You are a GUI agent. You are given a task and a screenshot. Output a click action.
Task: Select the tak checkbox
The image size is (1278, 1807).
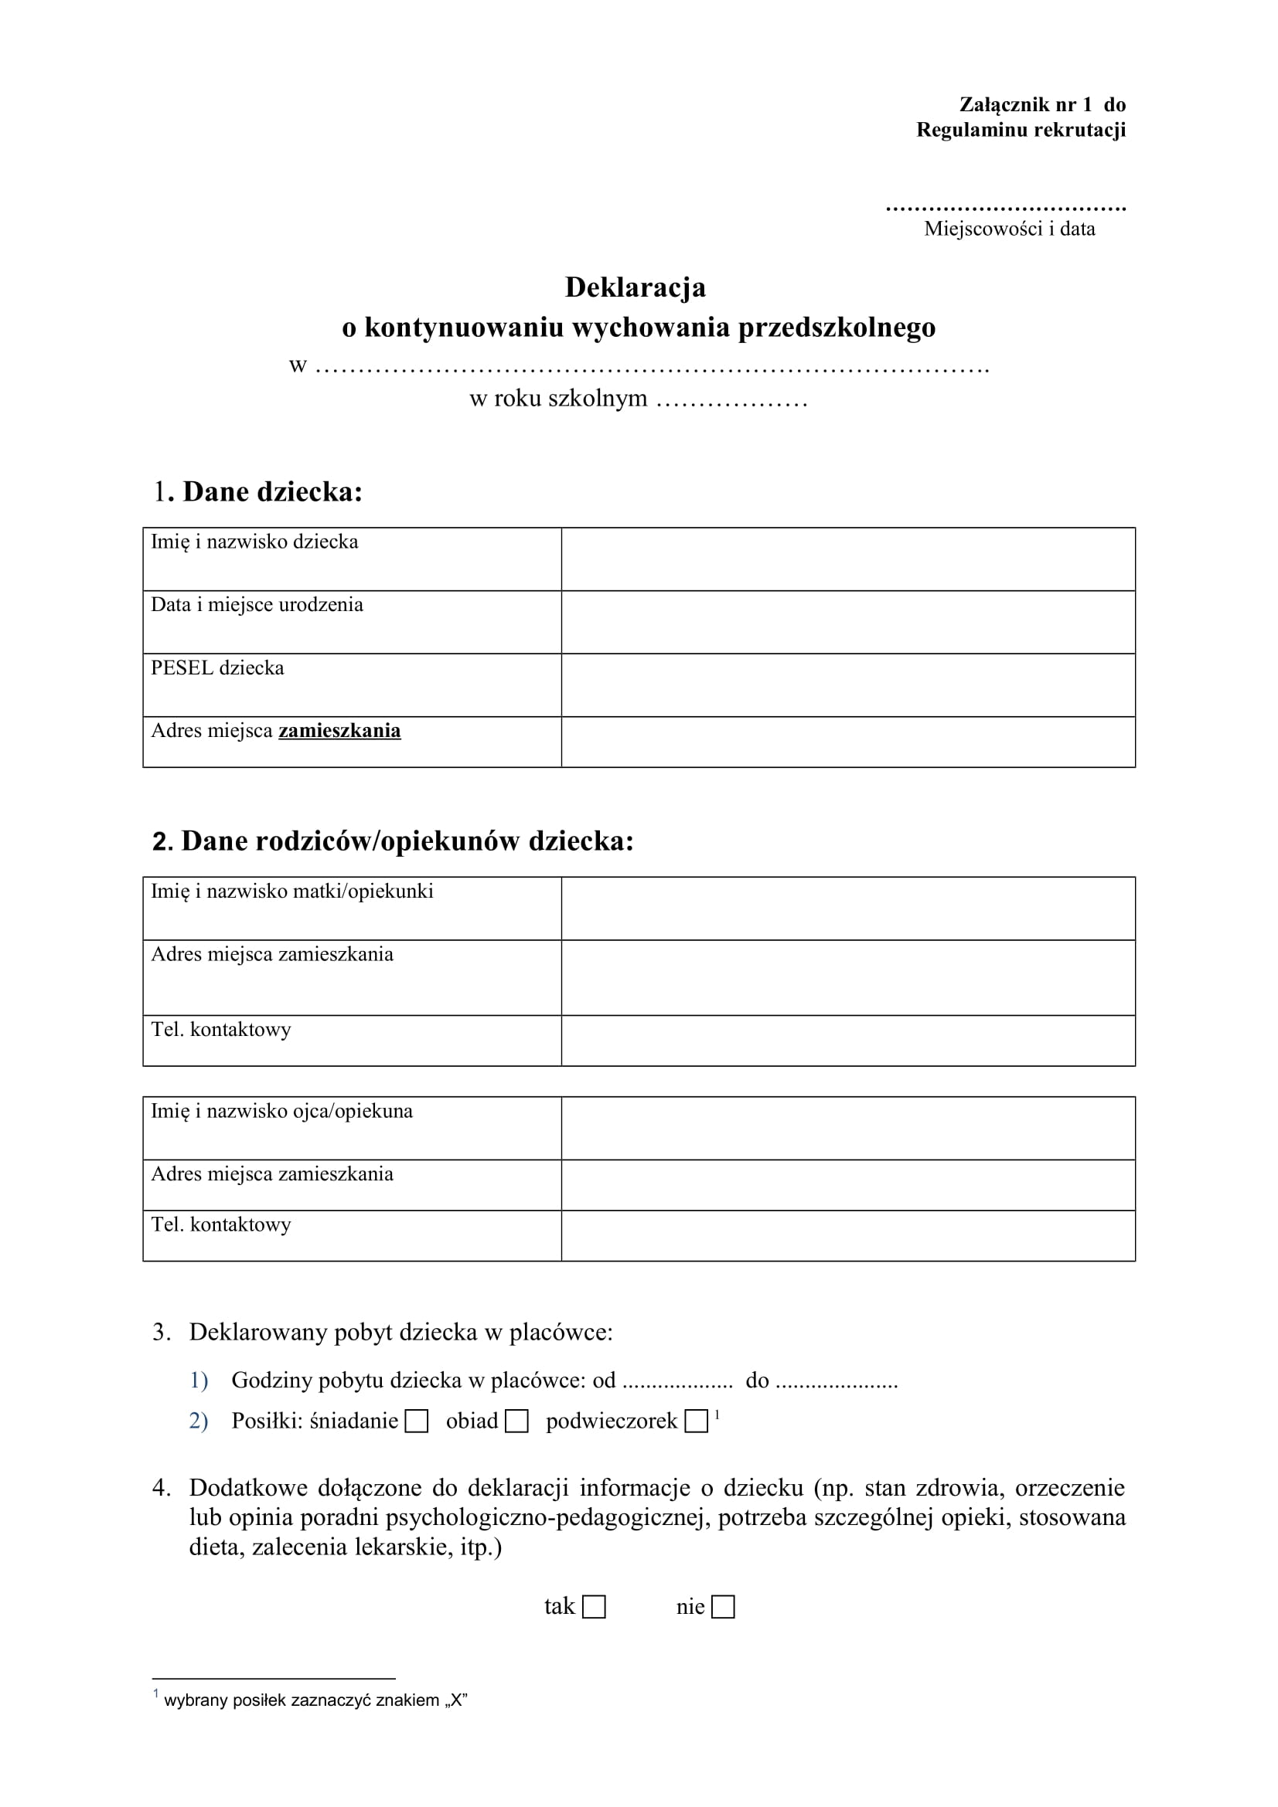pyautogui.click(x=594, y=1607)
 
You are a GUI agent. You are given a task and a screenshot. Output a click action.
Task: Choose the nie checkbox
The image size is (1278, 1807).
pyautogui.click(x=723, y=1607)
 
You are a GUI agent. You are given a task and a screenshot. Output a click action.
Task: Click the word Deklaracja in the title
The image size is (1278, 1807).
pyautogui.click(x=636, y=287)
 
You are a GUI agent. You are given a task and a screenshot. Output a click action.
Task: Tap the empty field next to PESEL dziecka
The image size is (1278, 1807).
pyautogui.click(x=848, y=684)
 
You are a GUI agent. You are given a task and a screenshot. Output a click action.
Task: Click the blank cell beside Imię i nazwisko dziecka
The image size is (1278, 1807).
pyautogui.click(x=848, y=559)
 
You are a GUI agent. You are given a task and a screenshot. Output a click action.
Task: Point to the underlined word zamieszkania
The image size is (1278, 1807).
pyautogui.click(x=339, y=731)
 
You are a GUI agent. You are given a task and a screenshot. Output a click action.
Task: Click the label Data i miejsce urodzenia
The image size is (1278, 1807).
pyautogui.click(x=257, y=605)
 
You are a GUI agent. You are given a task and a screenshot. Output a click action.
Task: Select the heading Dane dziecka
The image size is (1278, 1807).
pyautogui.click(x=271, y=492)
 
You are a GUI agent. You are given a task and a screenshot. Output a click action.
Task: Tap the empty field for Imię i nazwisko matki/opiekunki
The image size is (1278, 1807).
pyautogui.click(x=848, y=909)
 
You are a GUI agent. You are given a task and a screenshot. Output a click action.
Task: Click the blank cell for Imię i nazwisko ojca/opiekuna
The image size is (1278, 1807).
pyautogui.click(x=848, y=1128)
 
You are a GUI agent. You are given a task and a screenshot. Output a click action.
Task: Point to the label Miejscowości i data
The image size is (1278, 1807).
pyautogui.click(x=1010, y=229)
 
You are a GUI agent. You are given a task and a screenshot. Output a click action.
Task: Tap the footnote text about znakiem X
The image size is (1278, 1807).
pyautogui.click(x=315, y=1700)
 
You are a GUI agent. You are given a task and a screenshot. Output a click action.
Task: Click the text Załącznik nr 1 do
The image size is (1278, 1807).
pyautogui.click(x=1041, y=104)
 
